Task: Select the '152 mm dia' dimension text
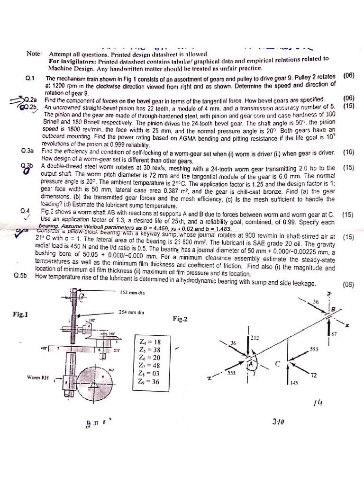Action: click(x=133, y=292)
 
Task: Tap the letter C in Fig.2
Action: click(x=278, y=364)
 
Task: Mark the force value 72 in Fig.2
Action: click(x=313, y=375)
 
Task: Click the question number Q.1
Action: click(x=31, y=78)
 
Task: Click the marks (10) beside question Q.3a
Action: click(x=348, y=153)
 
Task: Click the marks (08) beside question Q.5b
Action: click(x=348, y=285)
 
